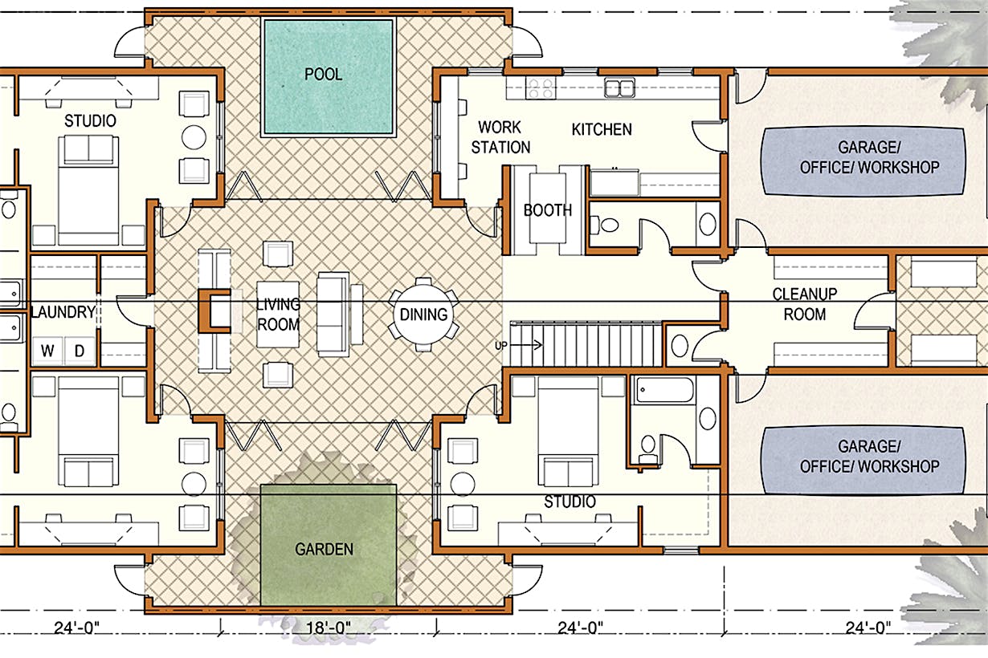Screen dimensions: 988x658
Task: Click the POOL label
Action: click(323, 74)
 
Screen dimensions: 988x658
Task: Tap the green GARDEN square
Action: click(329, 545)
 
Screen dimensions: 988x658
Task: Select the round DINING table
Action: click(423, 315)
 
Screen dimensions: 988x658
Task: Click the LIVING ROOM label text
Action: click(278, 315)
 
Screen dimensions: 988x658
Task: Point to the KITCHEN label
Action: click(602, 129)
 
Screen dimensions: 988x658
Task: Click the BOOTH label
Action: click(547, 210)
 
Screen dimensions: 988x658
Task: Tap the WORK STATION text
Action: click(500, 137)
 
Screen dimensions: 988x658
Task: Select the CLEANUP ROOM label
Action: click(805, 304)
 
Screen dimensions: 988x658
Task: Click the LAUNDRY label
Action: click(63, 312)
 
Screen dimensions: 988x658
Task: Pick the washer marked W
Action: click(47, 351)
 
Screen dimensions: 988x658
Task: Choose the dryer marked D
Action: click(80, 351)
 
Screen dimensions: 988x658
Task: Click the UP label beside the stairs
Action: click(500, 346)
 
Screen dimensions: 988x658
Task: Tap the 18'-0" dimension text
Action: click(329, 628)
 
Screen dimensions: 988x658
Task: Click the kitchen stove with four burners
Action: click(541, 87)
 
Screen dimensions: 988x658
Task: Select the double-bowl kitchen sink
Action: click(619, 87)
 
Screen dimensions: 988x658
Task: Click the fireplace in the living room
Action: click(214, 311)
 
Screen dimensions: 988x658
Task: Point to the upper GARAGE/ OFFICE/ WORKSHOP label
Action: click(869, 157)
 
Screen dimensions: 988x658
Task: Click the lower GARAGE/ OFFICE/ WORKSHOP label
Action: click(869, 457)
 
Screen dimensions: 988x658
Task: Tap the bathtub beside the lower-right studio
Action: click(664, 390)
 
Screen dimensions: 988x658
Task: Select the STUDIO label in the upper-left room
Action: click(91, 120)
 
